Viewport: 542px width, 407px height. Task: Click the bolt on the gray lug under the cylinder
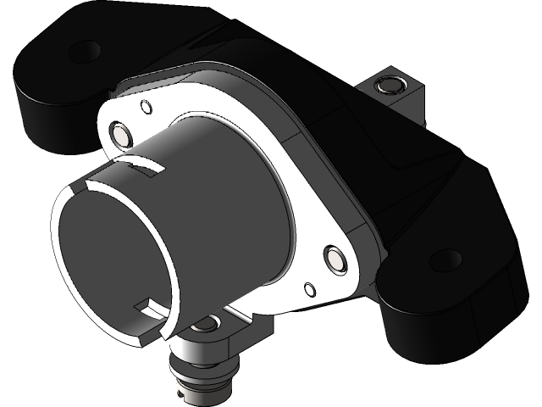[x=204, y=324]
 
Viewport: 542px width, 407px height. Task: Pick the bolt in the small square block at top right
[x=391, y=85]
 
